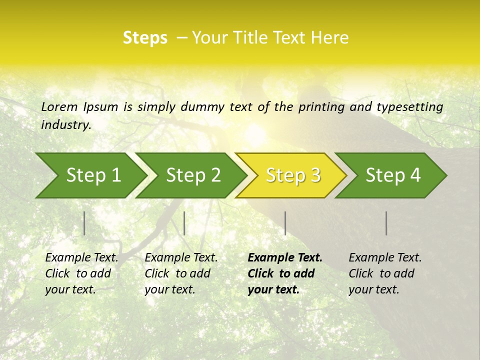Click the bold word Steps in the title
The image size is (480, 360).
point(145,38)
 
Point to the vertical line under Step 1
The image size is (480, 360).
point(84,223)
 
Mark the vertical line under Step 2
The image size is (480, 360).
point(184,223)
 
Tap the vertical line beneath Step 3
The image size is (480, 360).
point(285,223)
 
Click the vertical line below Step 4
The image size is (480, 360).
point(386,223)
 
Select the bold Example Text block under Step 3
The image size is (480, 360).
point(285,273)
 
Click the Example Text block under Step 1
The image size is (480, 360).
point(81,273)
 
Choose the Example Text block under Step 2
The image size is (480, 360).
point(181,273)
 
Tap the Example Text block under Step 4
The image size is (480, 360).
point(385,273)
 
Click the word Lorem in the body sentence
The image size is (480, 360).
point(59,107)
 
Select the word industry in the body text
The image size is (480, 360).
point(65,125)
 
